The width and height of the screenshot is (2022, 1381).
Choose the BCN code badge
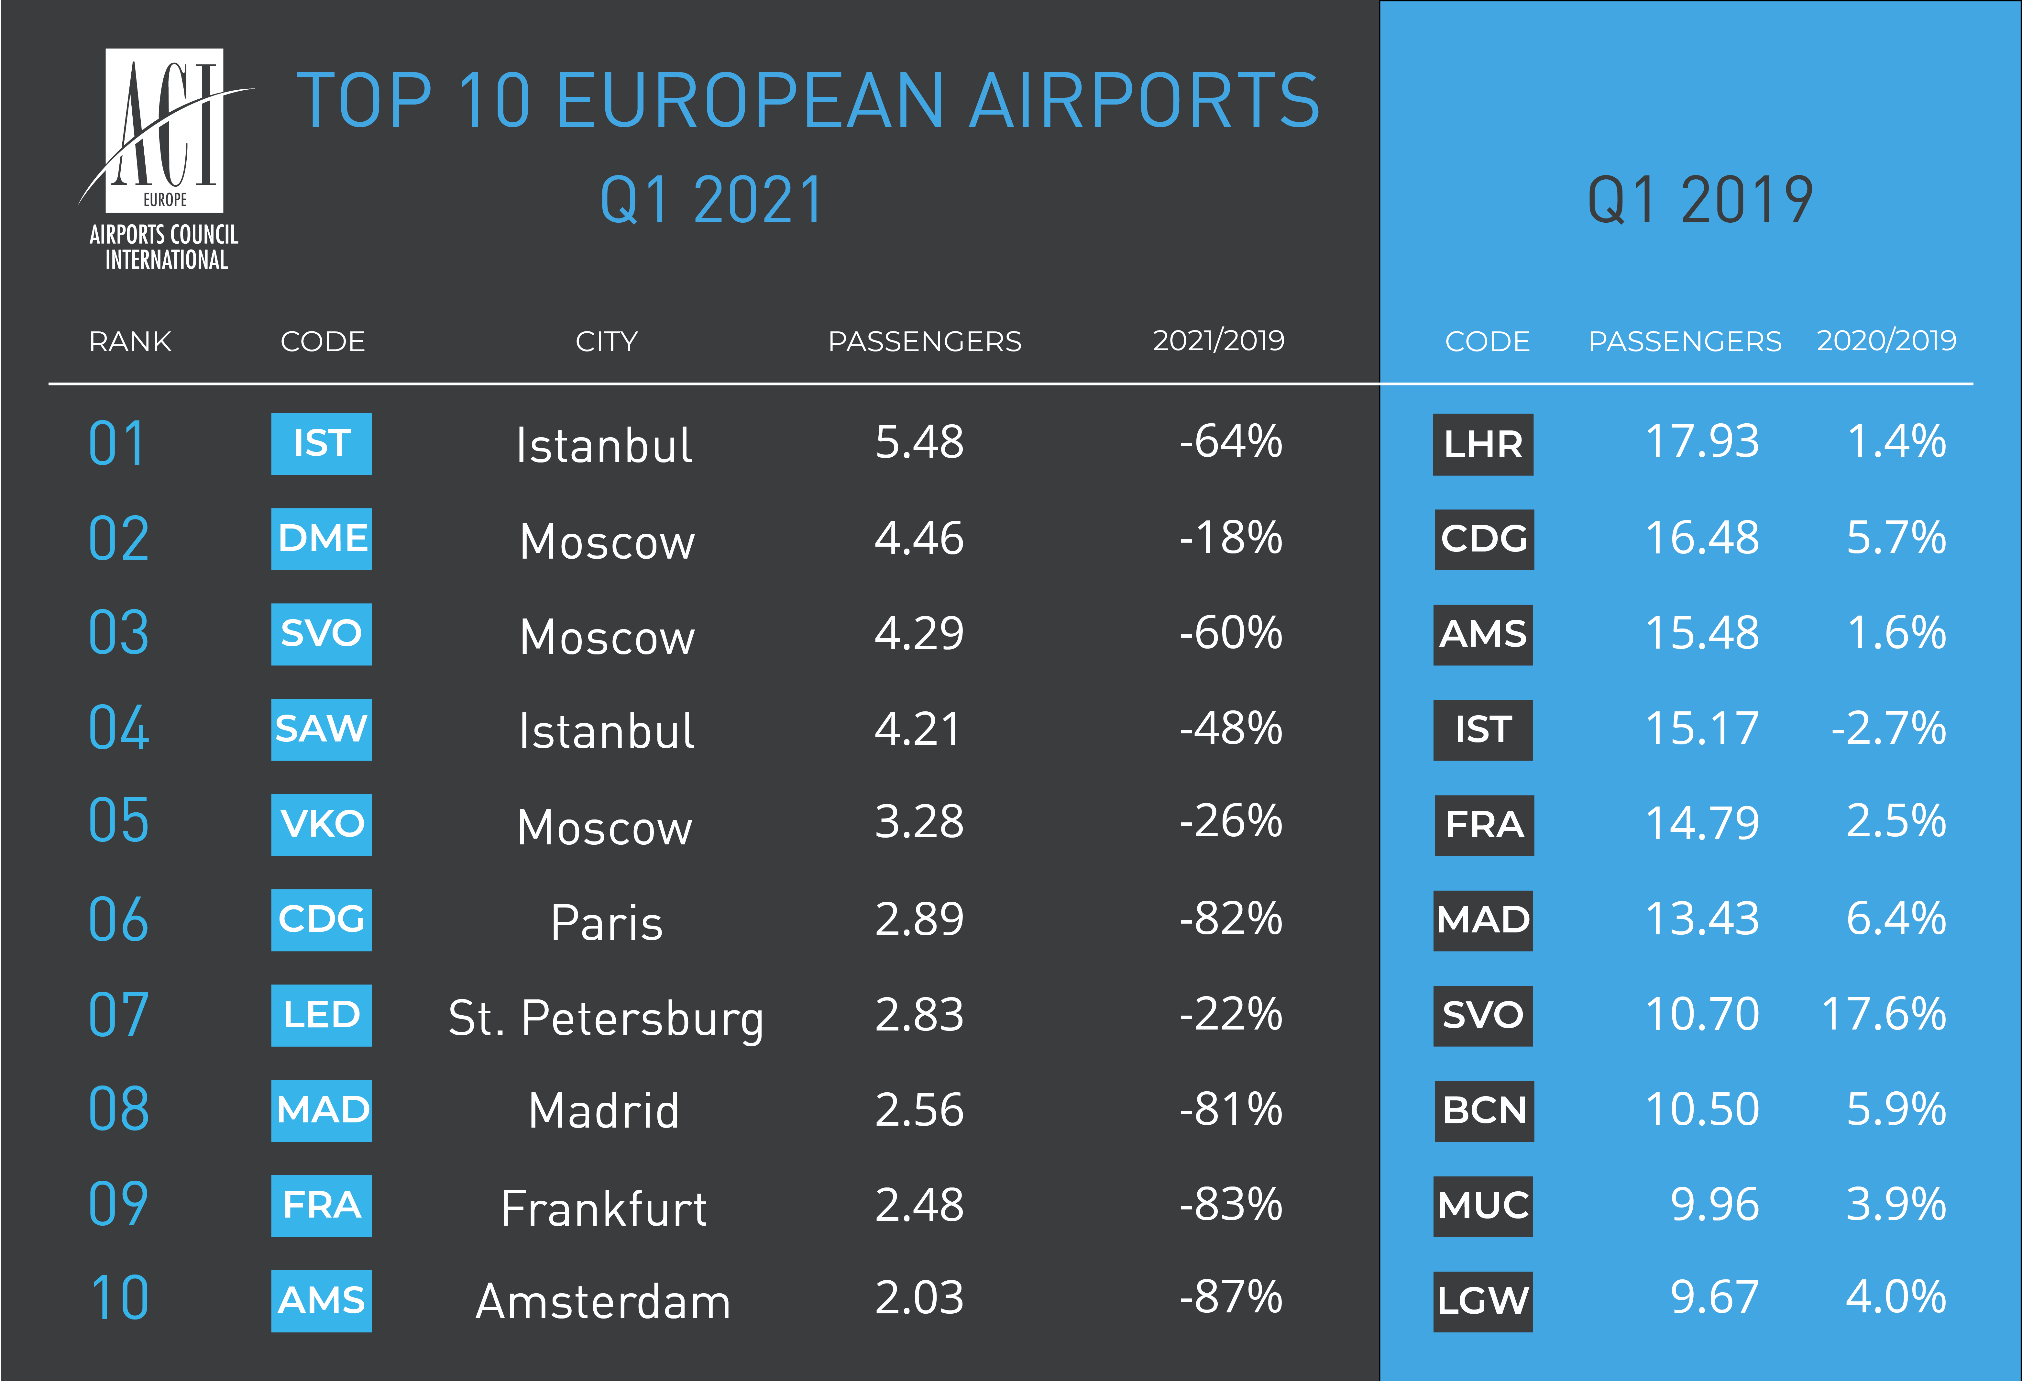1483,1110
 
